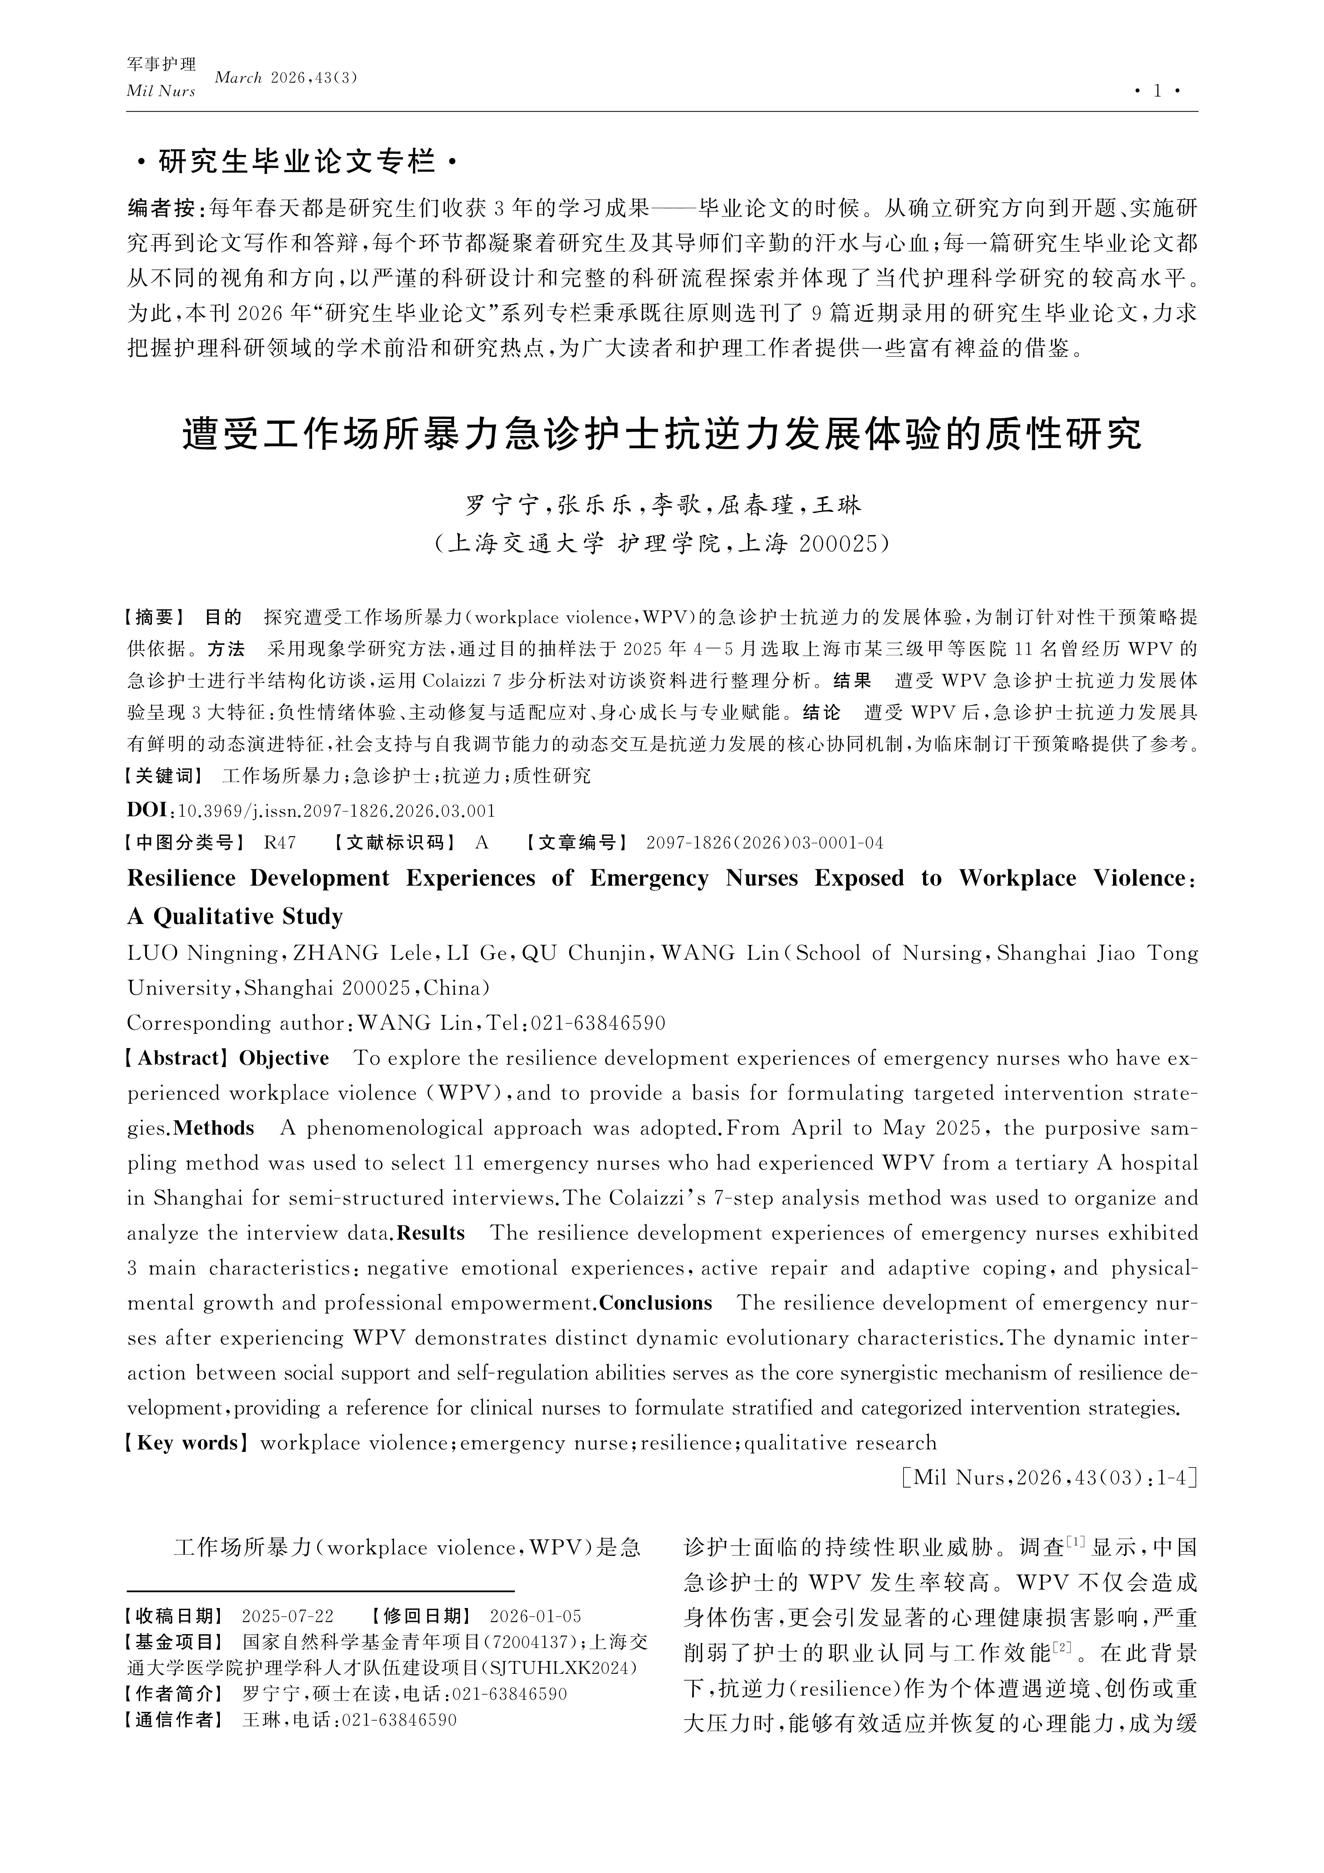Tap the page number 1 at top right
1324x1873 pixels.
click(1157, 92)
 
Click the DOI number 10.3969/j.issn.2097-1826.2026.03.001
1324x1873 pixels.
click(336, 811)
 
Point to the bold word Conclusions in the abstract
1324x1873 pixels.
click(656, 1303)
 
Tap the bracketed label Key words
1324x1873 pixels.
click(186, 1442)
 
